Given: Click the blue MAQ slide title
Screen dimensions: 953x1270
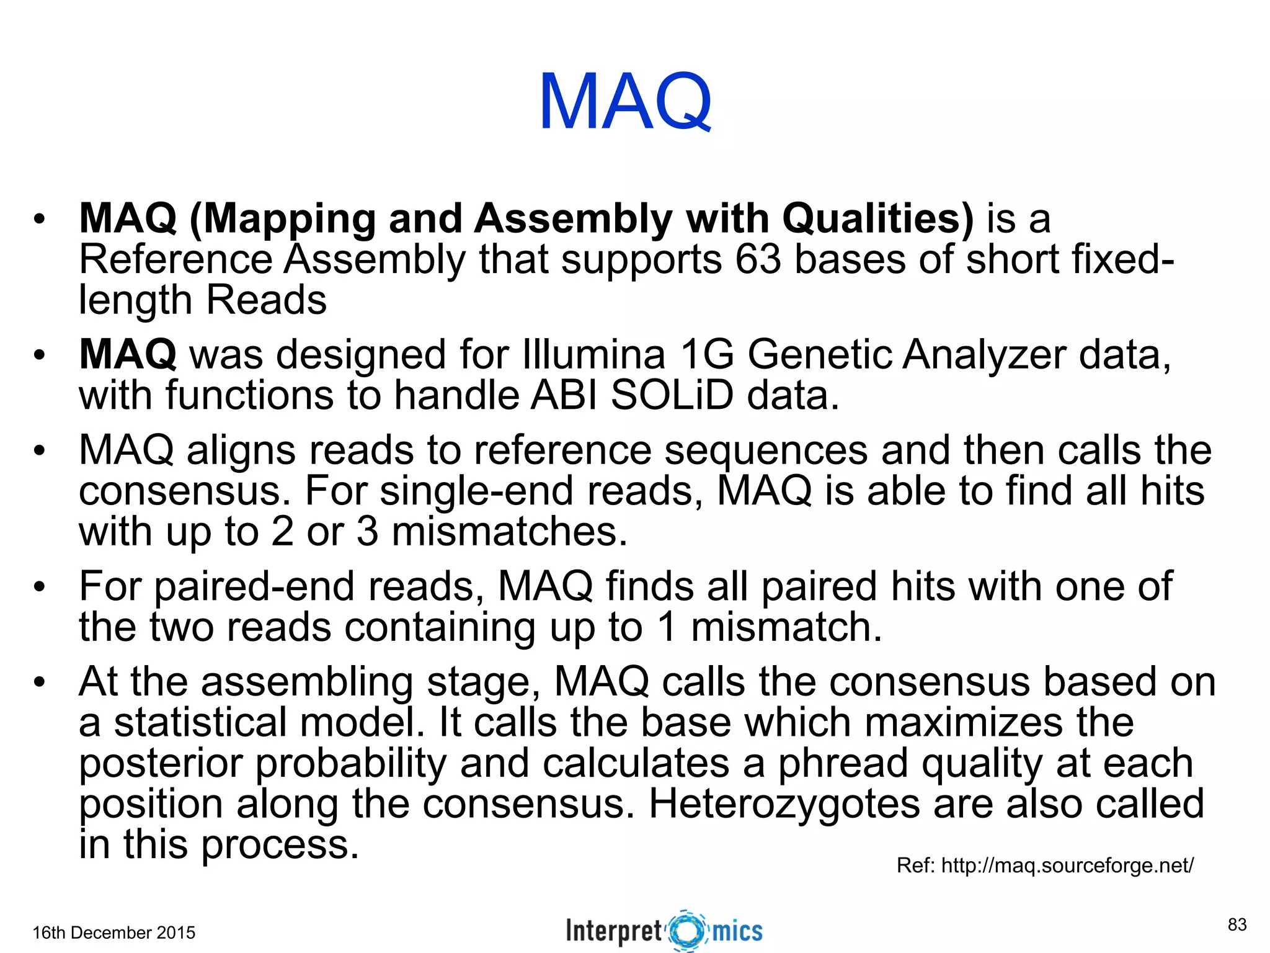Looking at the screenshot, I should (625, 102).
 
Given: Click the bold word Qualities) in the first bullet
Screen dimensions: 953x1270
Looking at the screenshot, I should (878, 218).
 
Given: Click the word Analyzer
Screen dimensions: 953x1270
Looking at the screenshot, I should (984, 354).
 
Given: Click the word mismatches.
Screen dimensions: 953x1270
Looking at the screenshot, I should (509, 532).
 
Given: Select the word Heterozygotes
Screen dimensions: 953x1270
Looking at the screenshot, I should (784, 804).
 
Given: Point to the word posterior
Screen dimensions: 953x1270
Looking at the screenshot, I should (160, 763).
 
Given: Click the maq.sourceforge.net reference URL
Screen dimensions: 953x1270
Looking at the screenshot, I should (1067, 865).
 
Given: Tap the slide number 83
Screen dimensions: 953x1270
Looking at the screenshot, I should (1237, 924).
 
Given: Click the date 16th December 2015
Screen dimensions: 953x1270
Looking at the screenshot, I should (113, 933).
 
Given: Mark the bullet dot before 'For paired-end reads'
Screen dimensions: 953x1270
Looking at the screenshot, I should (40, 587).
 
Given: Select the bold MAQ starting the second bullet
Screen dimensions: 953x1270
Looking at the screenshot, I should (128, 354).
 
